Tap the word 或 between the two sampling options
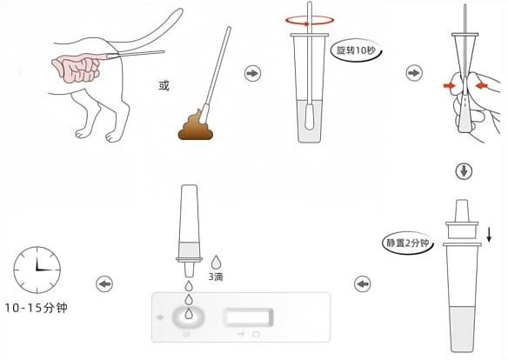[x=164, y=85]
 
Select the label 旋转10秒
[x=356, y=51]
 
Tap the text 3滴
[x=216, y=277]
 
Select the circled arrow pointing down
[x=464, y=170]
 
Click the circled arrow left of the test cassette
[x=104, y=284]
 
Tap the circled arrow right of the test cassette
[x=362, y=283]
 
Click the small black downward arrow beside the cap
[x=490, y=233]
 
